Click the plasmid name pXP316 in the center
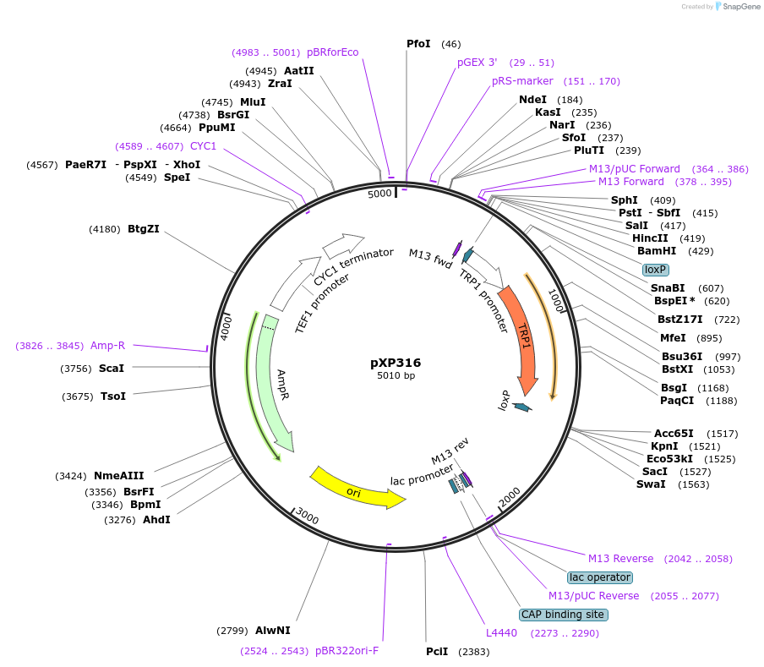tap(396, 362)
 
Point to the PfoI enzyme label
tap(418, 44)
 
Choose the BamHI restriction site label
tap(657, 251)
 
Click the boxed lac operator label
tap(599, 577)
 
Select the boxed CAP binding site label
tap(562, 615)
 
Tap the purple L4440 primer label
tap(501, 632)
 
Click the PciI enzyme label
tap(437, 652)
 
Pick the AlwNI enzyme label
tap(272, 630)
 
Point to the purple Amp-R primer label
tap(107, 345)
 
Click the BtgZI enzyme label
tap(144, 229)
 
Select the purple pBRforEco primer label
tap(332, 52)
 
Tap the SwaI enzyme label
tap(651, 484)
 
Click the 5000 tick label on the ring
tap(379, 194)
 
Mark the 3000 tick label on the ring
tap(308, 518)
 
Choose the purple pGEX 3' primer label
tap(477, 63)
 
